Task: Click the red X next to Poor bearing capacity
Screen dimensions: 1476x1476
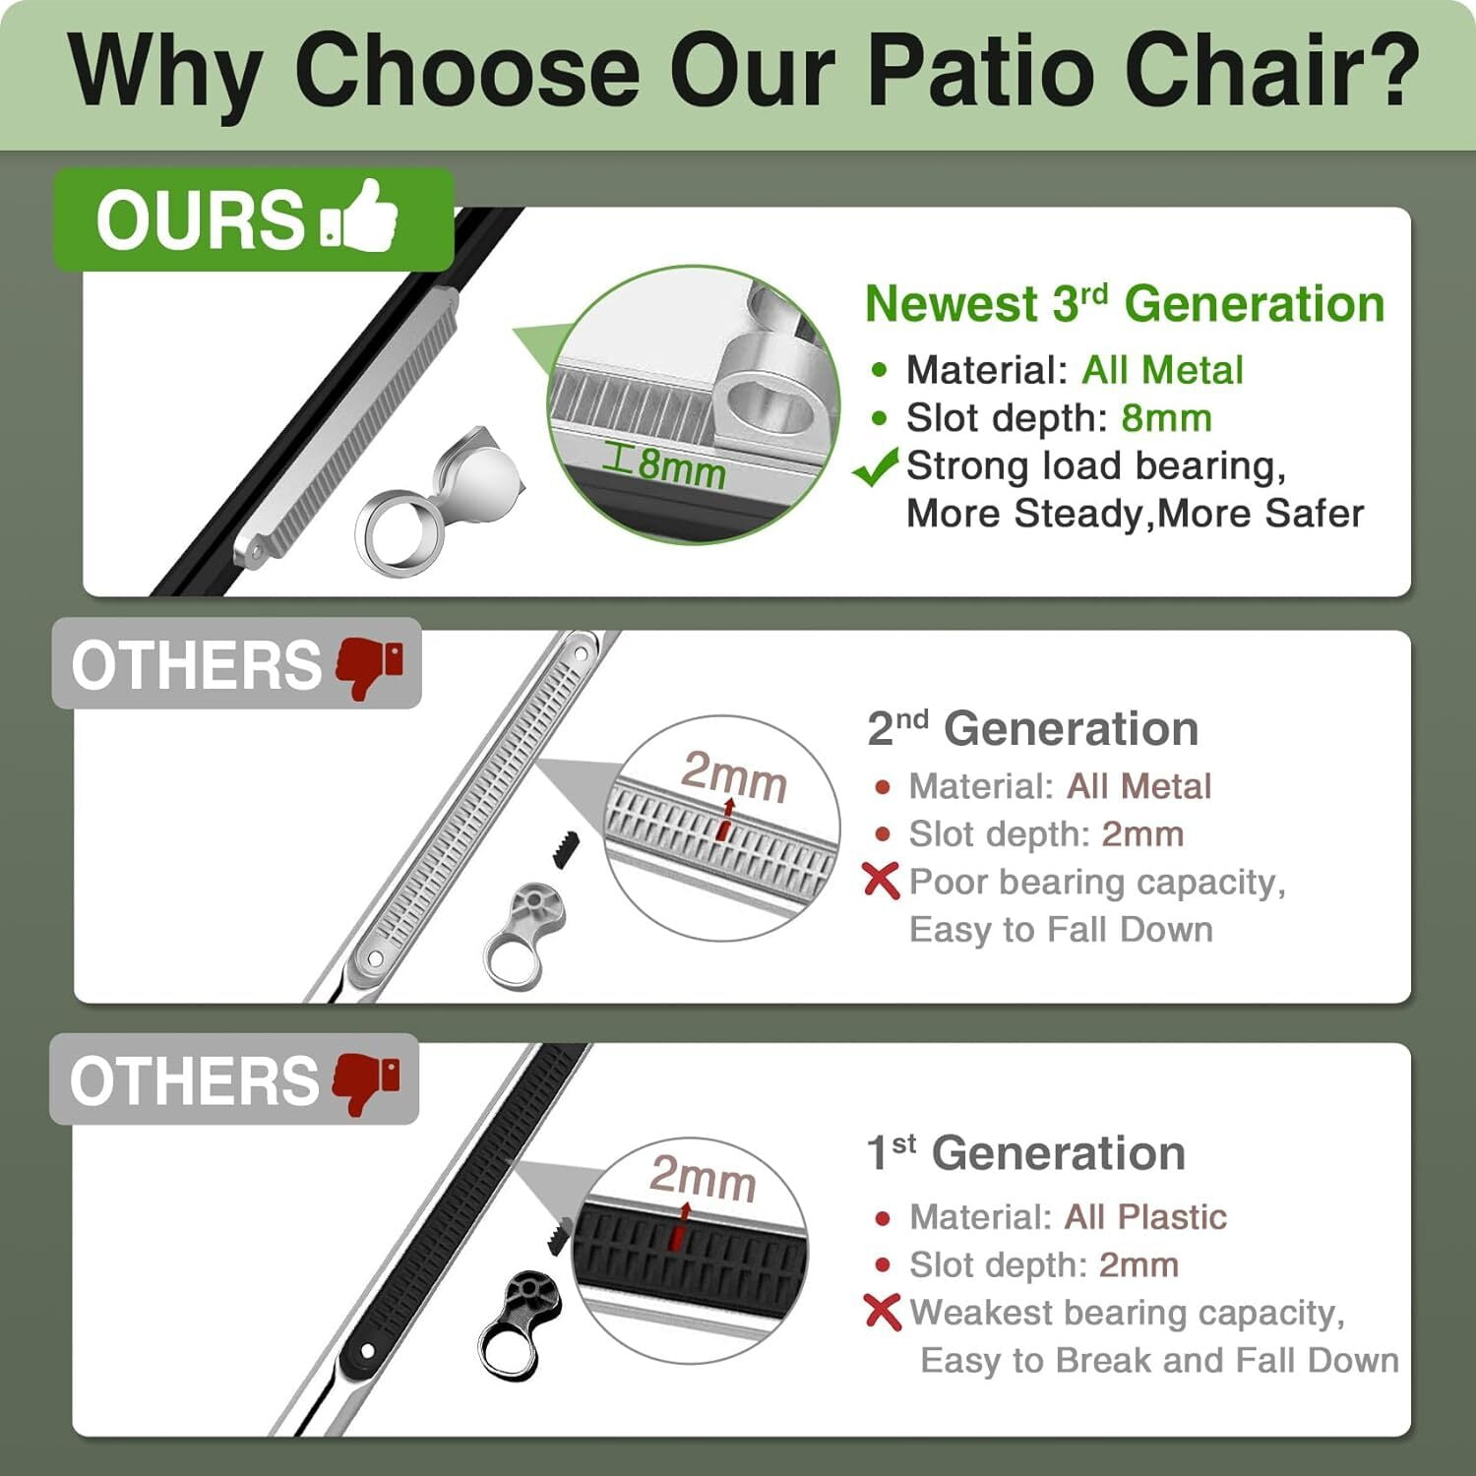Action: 881,881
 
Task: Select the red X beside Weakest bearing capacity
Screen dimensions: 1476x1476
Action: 882,1312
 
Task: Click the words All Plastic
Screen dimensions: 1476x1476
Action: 1145,1217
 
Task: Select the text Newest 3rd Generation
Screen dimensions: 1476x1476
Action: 1125,303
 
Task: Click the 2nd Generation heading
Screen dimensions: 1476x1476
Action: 1033,729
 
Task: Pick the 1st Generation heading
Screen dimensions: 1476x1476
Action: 1026,1153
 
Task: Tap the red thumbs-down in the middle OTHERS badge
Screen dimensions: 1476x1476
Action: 370,666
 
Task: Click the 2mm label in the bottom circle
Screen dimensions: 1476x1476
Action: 703,1177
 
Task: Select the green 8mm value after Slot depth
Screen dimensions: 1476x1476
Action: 1167,418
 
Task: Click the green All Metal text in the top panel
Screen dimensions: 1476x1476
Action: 1162,370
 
